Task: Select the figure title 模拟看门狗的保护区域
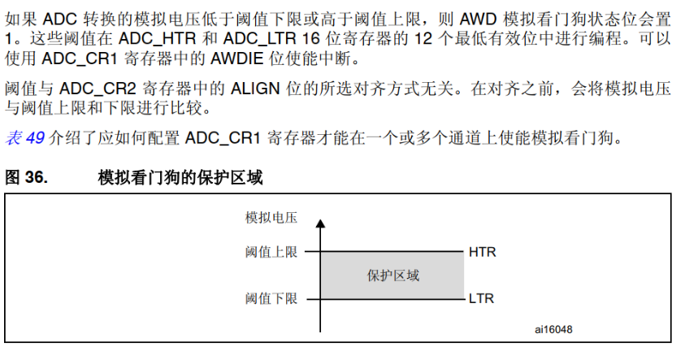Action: click(x=180, y=176)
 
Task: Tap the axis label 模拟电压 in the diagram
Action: click(x=271, y=218)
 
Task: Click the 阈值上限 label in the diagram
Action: click(x=271, y=252)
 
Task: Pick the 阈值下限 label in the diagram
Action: click(x=271, y=298)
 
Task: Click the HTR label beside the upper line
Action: click(x=482, y=252)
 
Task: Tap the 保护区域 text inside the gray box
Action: click(x=393, y=275)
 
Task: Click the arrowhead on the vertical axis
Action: click(x=321, y=222)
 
